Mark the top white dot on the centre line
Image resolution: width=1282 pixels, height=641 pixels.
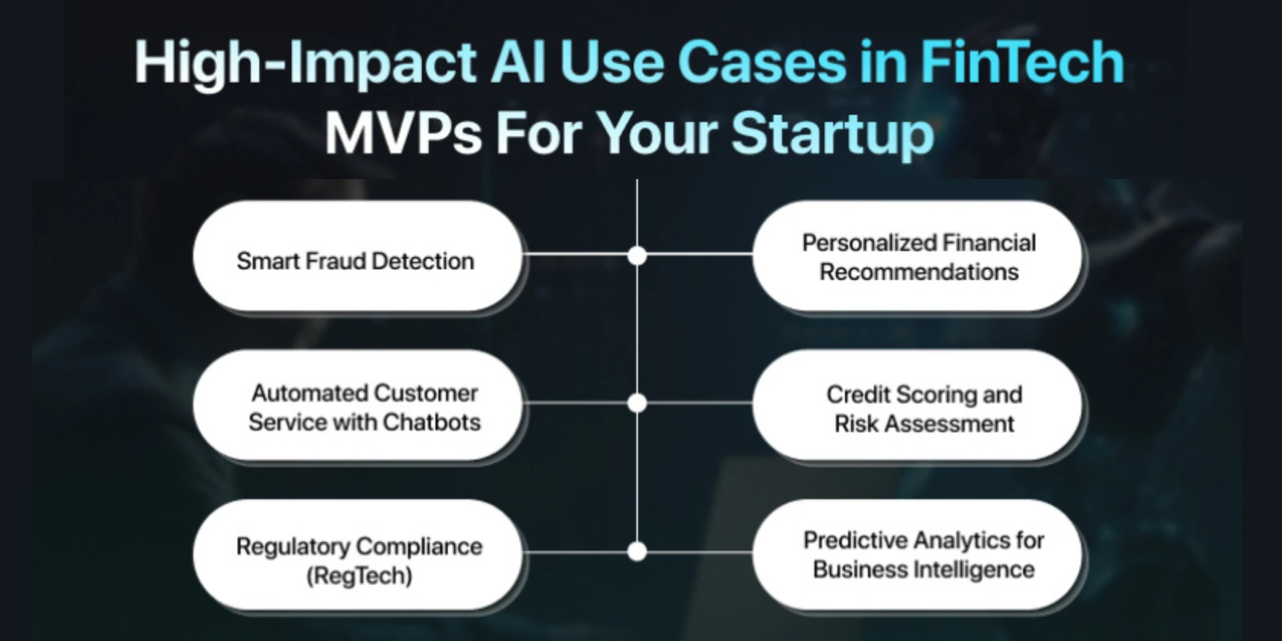(637, 255)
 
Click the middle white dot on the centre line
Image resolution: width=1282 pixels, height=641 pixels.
(637, 403)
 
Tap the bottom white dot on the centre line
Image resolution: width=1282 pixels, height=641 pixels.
(637, 552)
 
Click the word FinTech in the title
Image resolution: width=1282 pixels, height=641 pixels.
(1022, 63)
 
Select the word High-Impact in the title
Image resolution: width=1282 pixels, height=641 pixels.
(305, 63)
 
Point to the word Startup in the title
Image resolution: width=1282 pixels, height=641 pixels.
(832, 134)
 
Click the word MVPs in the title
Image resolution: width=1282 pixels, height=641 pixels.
(403, 134)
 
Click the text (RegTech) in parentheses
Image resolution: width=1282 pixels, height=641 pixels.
(359, 576)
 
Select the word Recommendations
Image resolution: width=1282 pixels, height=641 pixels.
(919, 272)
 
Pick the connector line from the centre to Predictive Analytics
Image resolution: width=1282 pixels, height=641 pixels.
(698, 552)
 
